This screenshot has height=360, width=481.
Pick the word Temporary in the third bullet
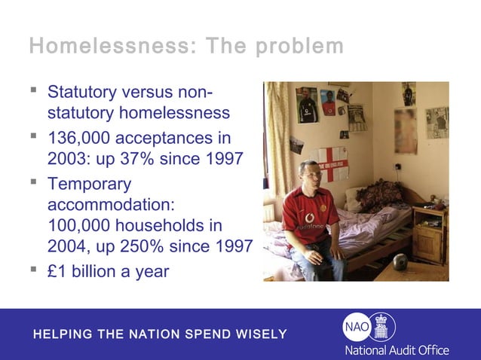89,184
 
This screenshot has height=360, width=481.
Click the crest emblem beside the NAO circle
381,326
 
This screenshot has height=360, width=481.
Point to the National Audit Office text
397,350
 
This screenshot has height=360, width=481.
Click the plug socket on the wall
397,167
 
